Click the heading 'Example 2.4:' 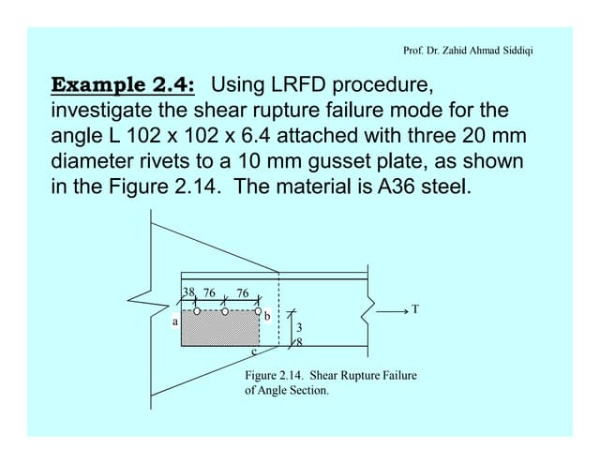pyautogui.click(x=122, y=86)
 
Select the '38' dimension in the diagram pyautogui.click(x=188, y=292)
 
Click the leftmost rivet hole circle pyautogui.click(x=196, y=310)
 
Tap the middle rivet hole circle pyautogui.click(x=226, y=310)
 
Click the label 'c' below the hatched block pyautogui.click(x=253, y=352)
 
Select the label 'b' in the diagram pyautogui.click(x=267, y=317)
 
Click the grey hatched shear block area pyautogui.click(x=219, y=329)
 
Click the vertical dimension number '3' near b pyautogui.click(x=298, y=328)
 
